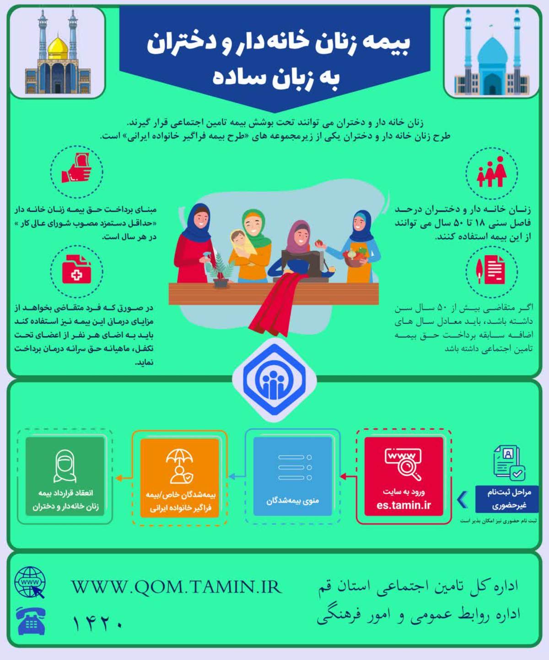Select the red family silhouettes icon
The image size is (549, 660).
click(491, 172)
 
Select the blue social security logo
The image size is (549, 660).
click(274, 380)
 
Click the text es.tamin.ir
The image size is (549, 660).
click(404, 505)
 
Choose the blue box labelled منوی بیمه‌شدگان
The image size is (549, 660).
click(293, 476)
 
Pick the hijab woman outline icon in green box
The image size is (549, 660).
click(65, 466)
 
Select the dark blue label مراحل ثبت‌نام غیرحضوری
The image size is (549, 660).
click(507, 499)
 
